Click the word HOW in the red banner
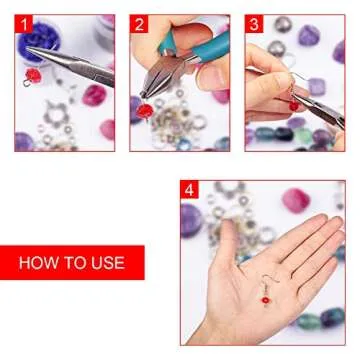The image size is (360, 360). coord(40,263)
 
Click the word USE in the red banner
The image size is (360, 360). coord(104,263)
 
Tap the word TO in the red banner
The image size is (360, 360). coord(74,263)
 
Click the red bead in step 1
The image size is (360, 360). coord(28,73)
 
